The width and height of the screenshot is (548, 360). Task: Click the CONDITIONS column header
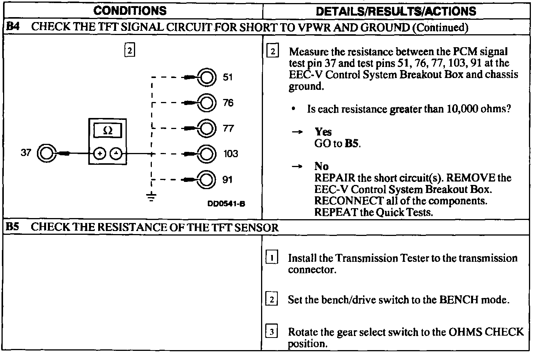click(x=130, y=10)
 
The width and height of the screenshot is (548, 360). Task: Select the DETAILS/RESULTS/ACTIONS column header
click(x=396, y=11)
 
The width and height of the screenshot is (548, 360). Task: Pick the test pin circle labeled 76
click(x=207, y=103)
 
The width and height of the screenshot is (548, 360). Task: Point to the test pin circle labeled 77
click(x=207, y=128)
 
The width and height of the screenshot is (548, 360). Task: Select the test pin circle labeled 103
click(x=207, y=154)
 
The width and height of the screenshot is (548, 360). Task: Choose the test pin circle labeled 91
click(x=207, y=179)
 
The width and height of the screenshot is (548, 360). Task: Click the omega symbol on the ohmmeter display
click(x=108, y=131)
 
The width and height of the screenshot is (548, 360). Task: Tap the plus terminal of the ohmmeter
click(x=100, y=154)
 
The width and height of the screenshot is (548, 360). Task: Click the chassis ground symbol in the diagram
click(x=151, y=197)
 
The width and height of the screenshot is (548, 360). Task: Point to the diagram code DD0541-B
click(x=226, y=204)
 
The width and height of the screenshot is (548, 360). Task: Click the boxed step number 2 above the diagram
click(x=130, y=50)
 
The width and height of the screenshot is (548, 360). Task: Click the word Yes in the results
click(x=323, y=132)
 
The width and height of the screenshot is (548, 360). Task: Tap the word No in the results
click(x=322, y=166)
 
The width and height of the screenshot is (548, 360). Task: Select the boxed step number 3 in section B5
click(x=271, y=332)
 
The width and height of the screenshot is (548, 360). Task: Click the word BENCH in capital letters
click(x=459, y=299)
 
